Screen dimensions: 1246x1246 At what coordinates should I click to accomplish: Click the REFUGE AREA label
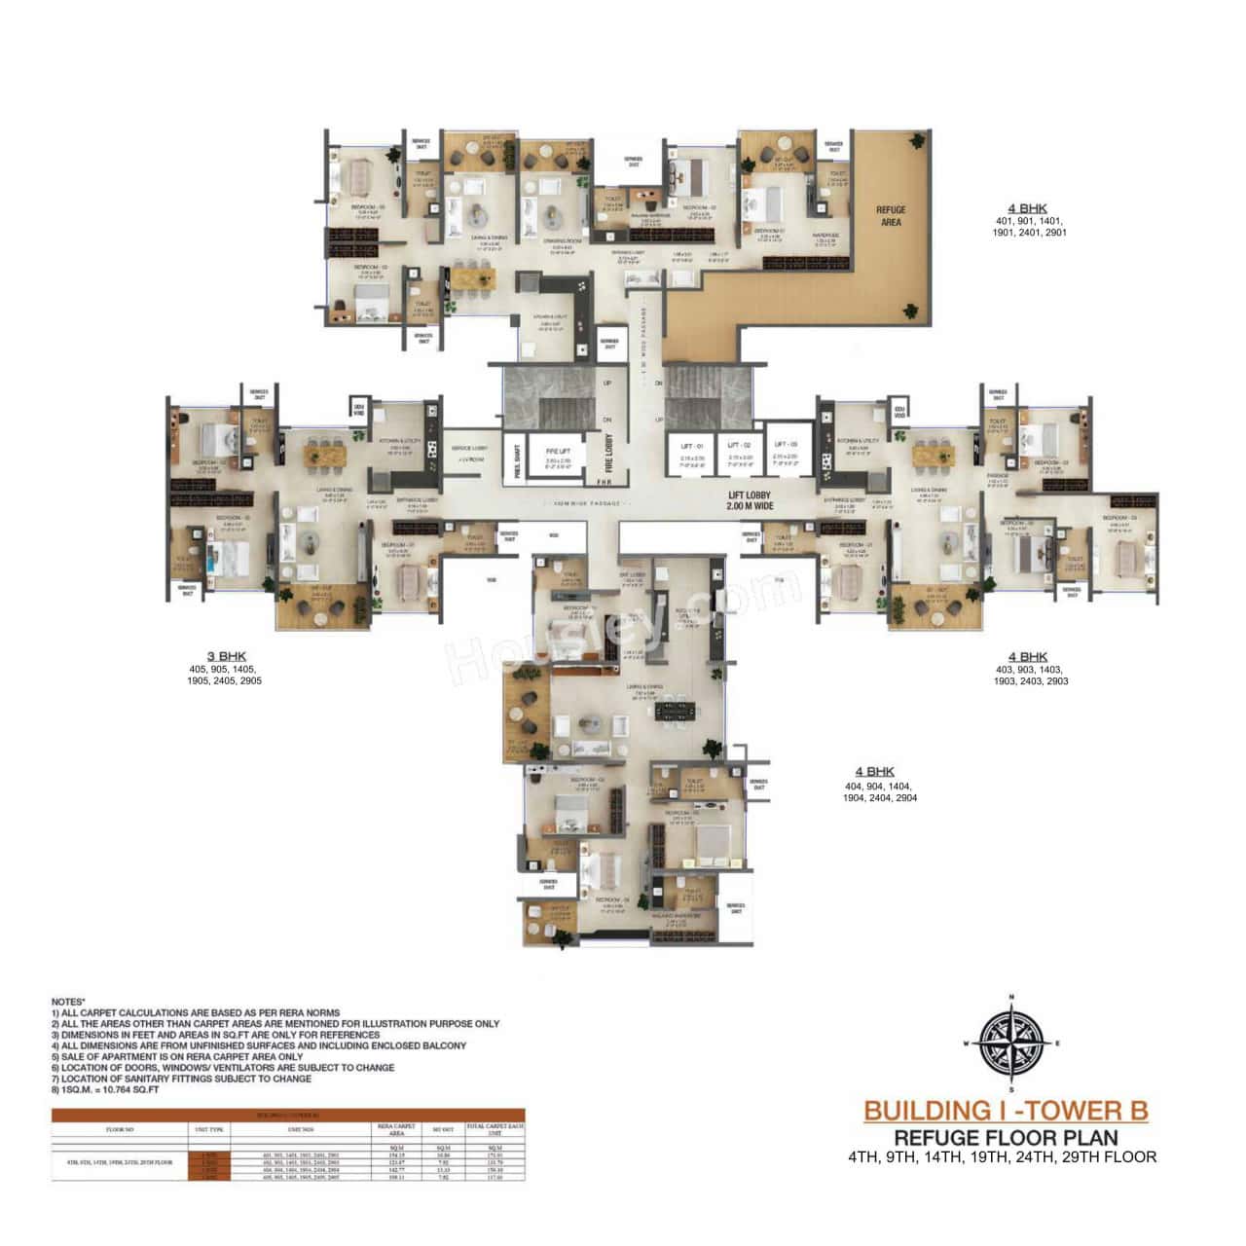(890, 215)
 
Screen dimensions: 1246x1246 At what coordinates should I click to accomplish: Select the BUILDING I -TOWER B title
(1006, 1110)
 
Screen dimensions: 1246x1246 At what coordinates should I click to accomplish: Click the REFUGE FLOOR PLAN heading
(1006, 1137)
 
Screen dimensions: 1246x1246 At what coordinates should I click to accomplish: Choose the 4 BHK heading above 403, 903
(1027, 656)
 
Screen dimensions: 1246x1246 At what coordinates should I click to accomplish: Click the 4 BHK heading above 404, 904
(874, 772)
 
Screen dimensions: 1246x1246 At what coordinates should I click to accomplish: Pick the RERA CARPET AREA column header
(395, 1131)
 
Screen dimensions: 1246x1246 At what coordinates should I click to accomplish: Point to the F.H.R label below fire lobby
(605, 481)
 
